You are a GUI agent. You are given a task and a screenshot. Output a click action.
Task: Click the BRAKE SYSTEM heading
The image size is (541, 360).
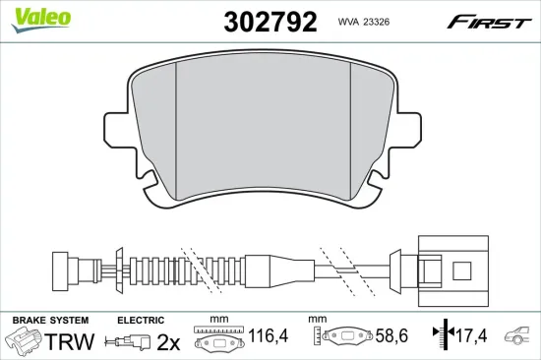[x=49, y=321]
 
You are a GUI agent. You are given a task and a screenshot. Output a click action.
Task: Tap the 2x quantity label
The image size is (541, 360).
[x=170, y=342]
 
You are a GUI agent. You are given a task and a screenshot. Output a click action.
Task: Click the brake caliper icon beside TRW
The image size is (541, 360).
[x=24, y=342]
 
